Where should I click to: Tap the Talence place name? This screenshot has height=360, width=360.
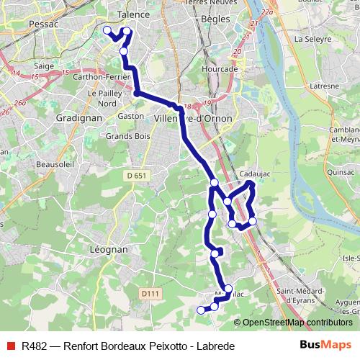click(x=132, y=14)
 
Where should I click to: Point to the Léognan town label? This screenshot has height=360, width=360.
click(x=109, y=248)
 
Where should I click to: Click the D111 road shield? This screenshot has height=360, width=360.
click(x=149, y=293)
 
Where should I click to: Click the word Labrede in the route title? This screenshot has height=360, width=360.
click(x=213, y=346)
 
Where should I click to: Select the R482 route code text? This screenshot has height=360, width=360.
click(x=35, y=346)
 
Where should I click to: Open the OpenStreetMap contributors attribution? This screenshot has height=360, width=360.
click(x=297, y=322)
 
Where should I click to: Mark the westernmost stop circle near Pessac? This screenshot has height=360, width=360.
click(x=107, y=30)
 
